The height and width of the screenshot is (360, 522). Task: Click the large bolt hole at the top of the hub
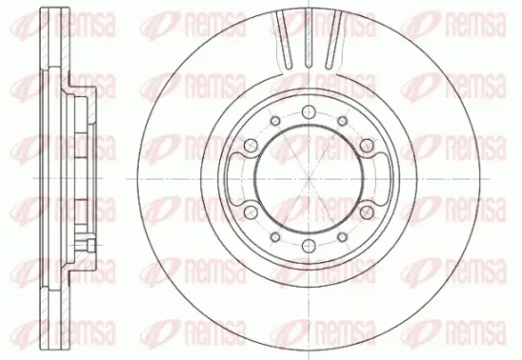coord(308,112)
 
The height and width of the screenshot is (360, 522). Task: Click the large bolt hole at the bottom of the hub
coord(308,246)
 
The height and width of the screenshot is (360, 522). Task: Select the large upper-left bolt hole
coord(251,145)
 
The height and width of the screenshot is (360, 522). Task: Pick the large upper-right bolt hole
coord(366,145)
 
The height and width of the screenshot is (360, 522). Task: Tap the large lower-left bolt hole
coord(251,213)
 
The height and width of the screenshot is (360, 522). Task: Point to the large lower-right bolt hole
coord(366,213)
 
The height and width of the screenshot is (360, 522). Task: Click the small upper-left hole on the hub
coord(275,121)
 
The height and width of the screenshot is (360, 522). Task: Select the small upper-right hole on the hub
coord(343,121)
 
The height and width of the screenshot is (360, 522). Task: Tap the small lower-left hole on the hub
coord(275,237)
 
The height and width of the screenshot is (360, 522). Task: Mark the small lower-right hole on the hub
coord(343,237)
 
